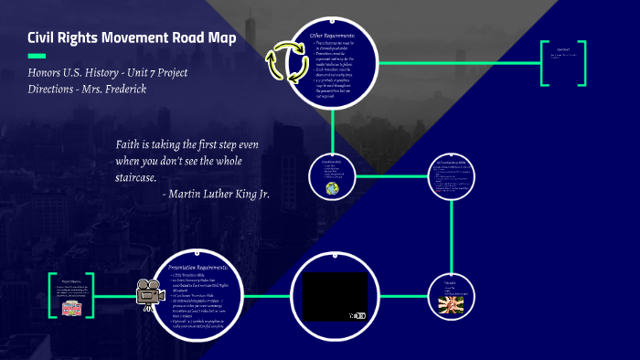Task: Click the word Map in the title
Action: [219, 38]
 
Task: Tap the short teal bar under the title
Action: [36, 56]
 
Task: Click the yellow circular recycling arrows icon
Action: [283, 63]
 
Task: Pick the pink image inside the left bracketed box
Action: [73, 308]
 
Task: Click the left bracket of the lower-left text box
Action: [51, 296]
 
